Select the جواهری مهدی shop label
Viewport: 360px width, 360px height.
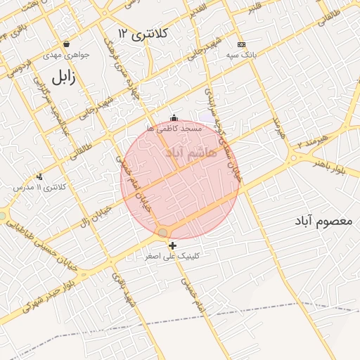pos(65,54)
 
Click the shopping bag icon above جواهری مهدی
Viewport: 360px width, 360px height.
pos(66,44)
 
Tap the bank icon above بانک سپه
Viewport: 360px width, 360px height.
pos(241,44)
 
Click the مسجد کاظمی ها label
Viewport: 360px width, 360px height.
pos(175,129)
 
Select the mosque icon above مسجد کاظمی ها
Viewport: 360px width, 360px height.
pos(174,118)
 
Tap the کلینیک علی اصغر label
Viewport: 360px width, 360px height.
pos(172,257)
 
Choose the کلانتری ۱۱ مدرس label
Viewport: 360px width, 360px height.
pos(40,187)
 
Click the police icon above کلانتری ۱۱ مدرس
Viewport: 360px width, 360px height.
pos(39,176)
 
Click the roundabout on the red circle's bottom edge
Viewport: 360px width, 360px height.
pos(163,232)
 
